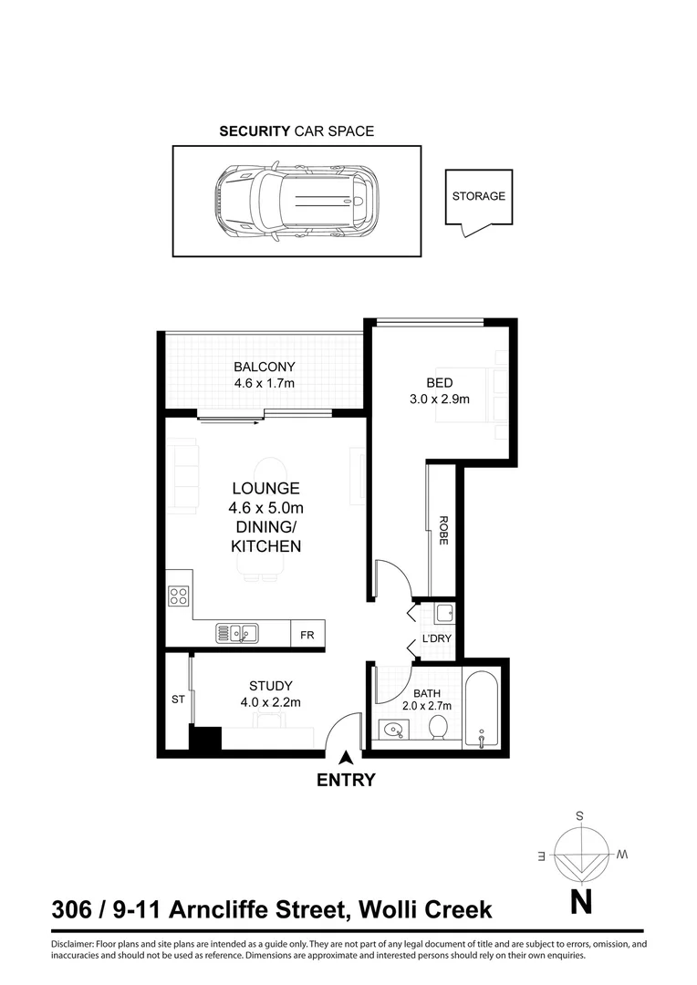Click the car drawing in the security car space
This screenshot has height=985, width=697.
click(x=296, y=202)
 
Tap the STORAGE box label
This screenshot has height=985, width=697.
click(x=478, y=196)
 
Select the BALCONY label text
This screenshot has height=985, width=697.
click(x=265, y=367)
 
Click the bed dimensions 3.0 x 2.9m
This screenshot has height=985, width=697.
click(x=439, y=399)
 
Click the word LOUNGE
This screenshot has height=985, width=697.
click(x=265, y=489)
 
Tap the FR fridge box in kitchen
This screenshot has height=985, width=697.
click(x=307, y=636)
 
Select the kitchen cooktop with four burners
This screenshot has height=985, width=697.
click(x=179, y=597)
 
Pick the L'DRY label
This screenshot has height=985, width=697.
click(x=437, y=638)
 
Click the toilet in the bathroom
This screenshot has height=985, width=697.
click(x=438, y=728)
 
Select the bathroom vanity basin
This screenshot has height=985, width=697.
click(x=393, y=730)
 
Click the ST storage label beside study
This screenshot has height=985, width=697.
click(x=177, y=700)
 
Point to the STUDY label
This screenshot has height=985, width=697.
click(x=270, y=686)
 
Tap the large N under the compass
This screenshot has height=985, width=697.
click(x=581, y=902)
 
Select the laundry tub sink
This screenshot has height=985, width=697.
click(x=443, y=612)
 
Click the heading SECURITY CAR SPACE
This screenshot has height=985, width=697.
click(x=296, y=131)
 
